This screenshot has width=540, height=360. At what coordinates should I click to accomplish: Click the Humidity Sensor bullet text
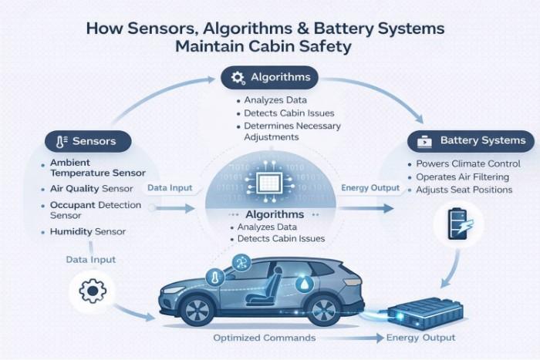87,231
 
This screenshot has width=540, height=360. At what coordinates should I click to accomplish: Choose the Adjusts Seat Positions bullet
464,190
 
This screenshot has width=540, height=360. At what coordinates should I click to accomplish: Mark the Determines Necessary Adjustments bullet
292,131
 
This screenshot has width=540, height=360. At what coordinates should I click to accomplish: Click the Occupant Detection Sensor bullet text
95,210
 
